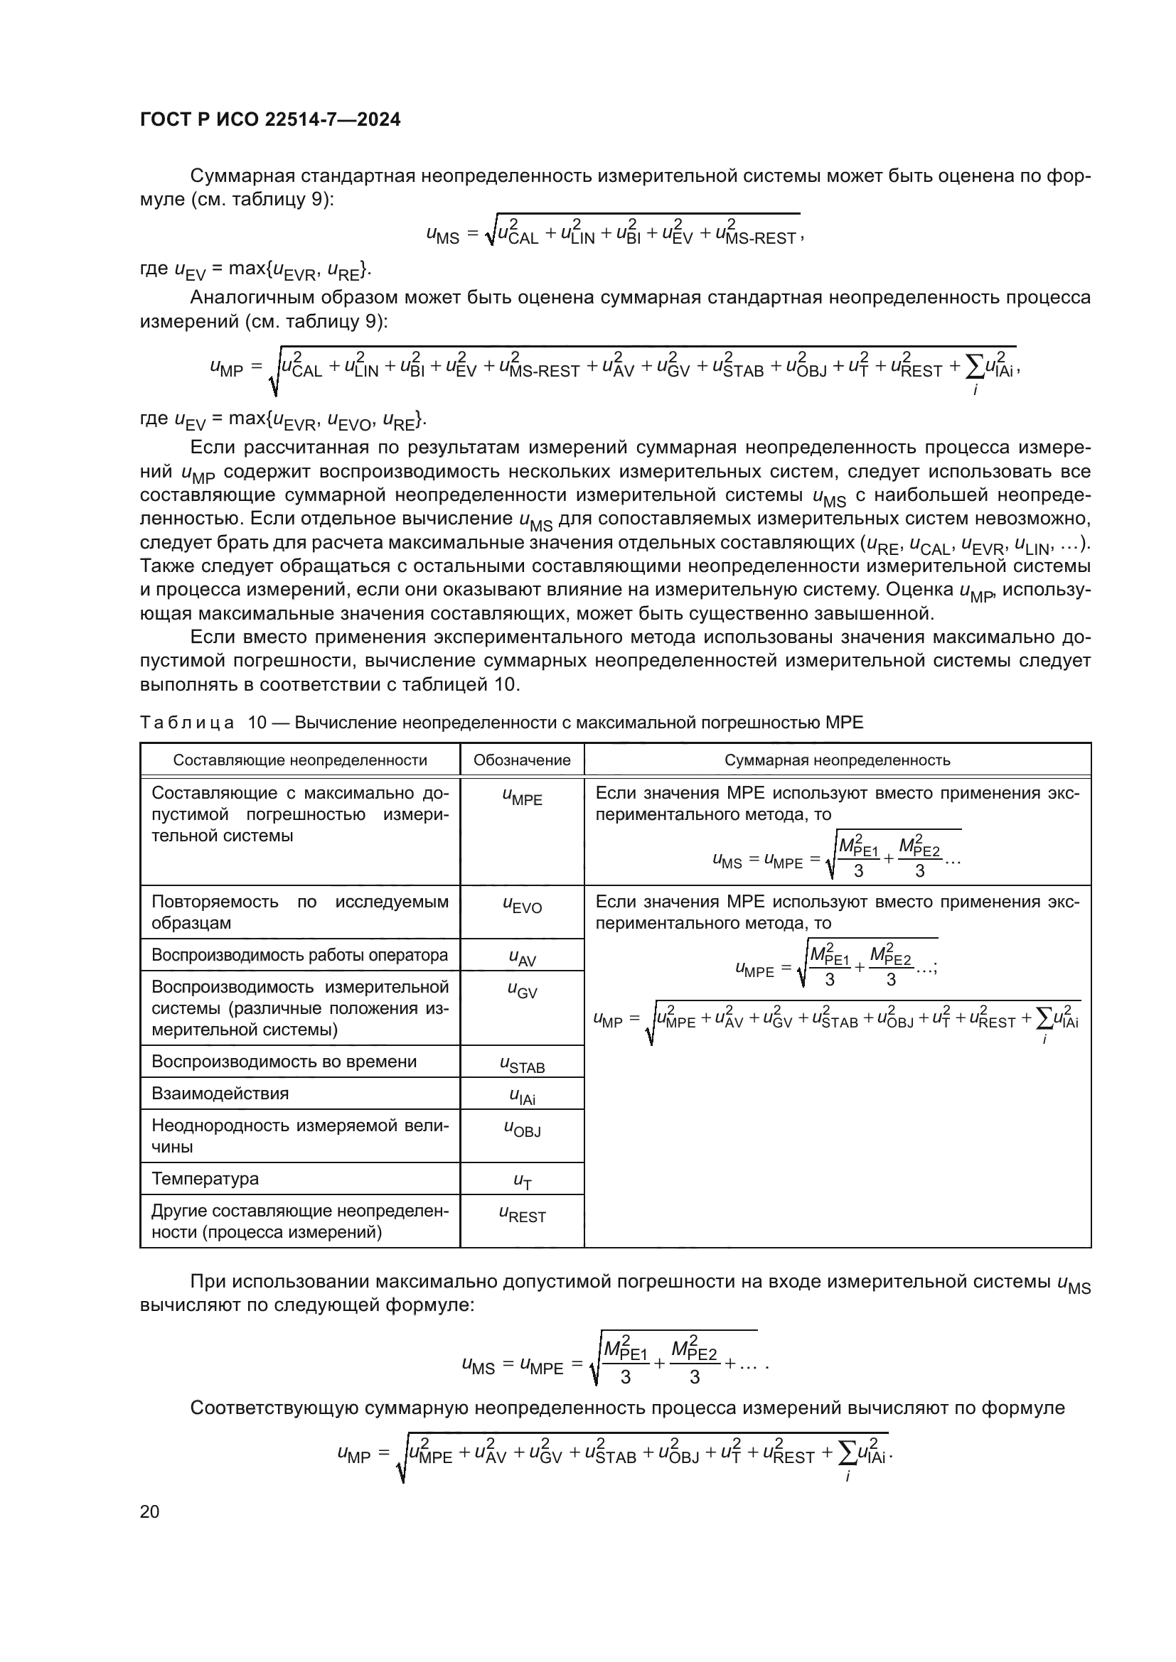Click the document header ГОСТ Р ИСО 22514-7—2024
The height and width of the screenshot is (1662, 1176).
(270, 119)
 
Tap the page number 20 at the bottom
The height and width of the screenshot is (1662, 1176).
(150, 1511)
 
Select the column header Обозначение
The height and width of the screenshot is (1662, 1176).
(521, 760)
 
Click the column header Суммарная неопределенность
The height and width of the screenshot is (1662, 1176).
(837, 760)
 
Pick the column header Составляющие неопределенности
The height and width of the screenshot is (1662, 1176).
(300, 760)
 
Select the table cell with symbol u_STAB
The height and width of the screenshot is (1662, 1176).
(522, 1065)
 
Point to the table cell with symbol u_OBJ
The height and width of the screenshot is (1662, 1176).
(522, 1129)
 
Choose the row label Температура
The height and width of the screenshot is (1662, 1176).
(205, 1178)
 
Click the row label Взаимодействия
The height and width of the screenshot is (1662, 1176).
(220, 1093)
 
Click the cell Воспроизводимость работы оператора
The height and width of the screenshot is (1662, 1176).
(300, 955)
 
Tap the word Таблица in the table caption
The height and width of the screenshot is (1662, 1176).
(187, 723)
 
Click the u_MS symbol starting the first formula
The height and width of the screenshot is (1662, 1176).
(442, 234)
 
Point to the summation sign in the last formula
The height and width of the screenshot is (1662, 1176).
(845, 1452)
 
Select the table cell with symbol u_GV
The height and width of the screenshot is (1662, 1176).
(522, 991)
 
